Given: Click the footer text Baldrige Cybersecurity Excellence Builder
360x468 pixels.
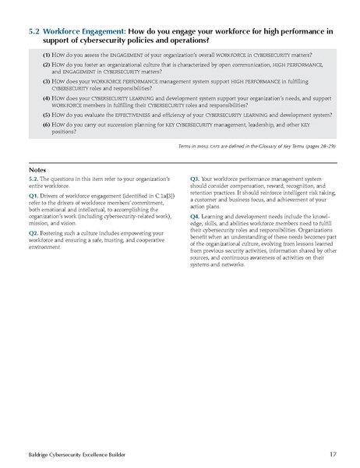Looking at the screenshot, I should tap(69, 453).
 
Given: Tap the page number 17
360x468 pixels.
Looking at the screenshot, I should tap(332, 453).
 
